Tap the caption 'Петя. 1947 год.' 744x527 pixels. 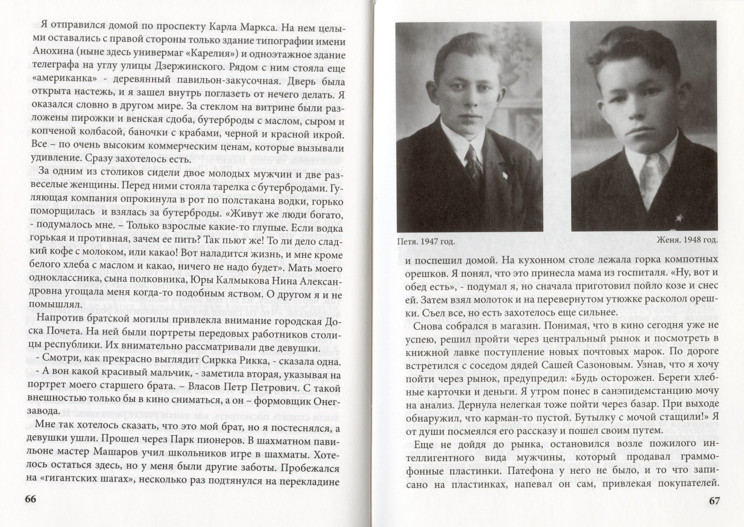[x=423, y=241]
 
